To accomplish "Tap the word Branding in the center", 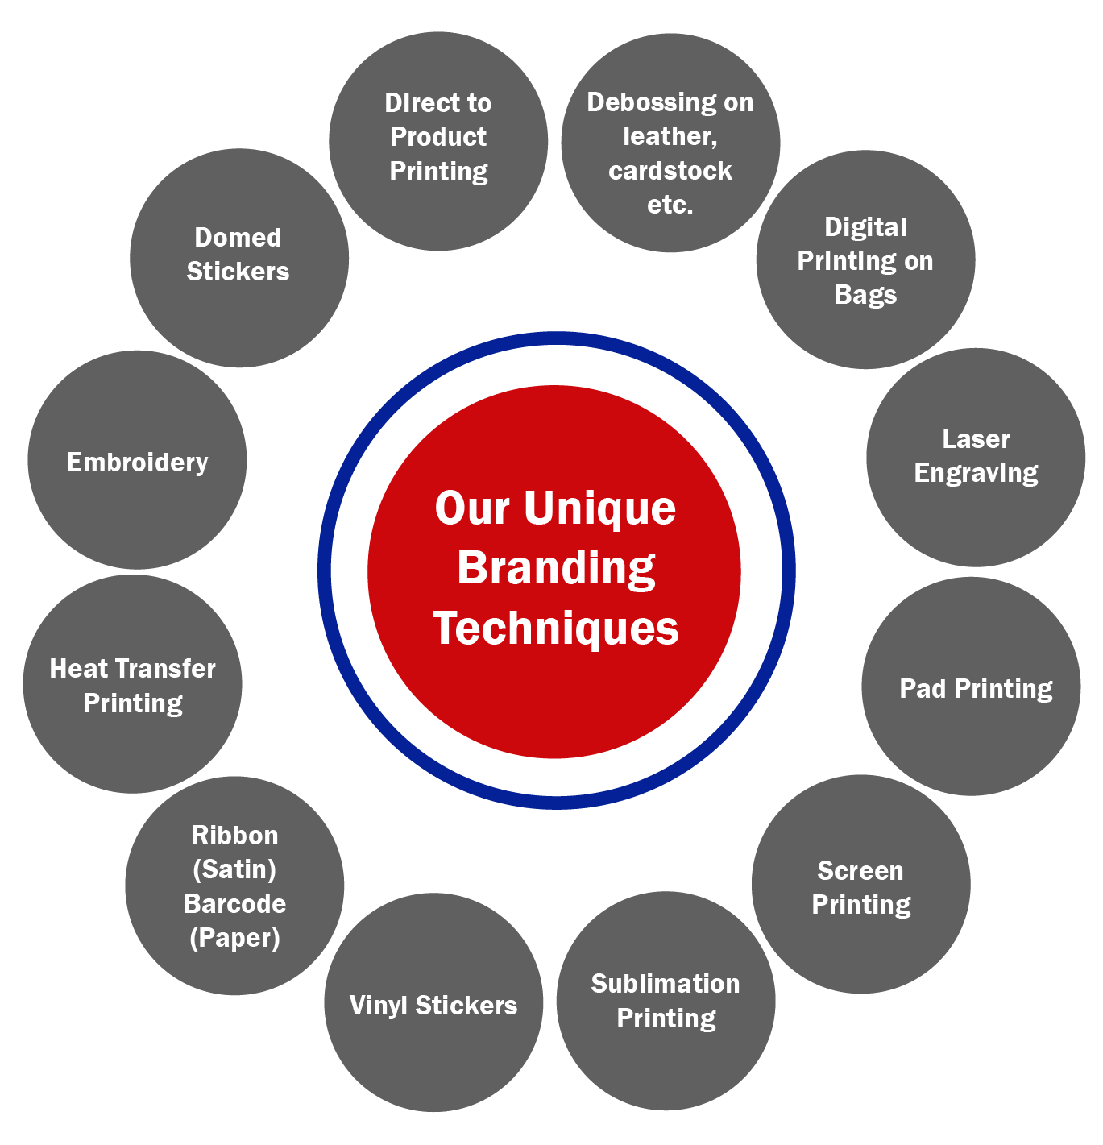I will click(x=556, y=568).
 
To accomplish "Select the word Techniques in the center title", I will click(x=556, y=628).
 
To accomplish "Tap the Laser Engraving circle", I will click(x=976, y=457).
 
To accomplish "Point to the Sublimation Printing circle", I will click(x=666, y=1001).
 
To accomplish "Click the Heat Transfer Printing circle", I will click(x=133, y=684).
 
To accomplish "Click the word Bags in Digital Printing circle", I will click(x=865, y=295).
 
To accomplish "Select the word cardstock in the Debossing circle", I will click(x=670, y=171).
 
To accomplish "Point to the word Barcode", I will click(x=234, y=903).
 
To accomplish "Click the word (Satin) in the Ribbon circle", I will click(x=234, y=869).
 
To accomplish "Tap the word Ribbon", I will click(x=234, y=836).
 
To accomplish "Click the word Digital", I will click(x=865, y=227).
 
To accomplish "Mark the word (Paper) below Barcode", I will click(x=234, y=938).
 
